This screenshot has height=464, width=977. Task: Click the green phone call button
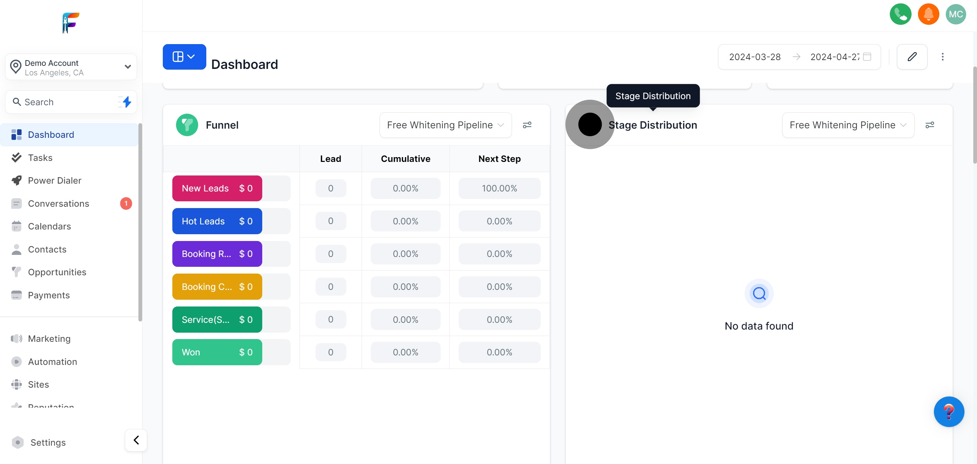pyautogui.click(x=900, y=14)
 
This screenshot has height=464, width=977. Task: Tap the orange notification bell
pyautogui.click(x=928, y=14)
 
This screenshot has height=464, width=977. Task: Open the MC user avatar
pyautogui.click(x=955, y=14)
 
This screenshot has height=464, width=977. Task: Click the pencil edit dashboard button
pyautogui.click(x=912, y=57)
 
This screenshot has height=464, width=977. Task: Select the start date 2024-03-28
pyautogui.click(x=754, y=57)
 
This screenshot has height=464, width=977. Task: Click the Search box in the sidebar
pyautogui.click(x=64, y=102)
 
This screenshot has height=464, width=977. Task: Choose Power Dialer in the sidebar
pyautogui.click(x=55, y=181)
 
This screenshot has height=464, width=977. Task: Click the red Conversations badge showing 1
pyautogui.click(x=126, y=204)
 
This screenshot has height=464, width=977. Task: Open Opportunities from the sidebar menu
pyautogui.click(x=57, y=273)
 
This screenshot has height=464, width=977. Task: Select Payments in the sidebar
pyautogui.click(x=49, y=295)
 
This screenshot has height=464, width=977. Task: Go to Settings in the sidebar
pyautogui.click(x=48, y=442)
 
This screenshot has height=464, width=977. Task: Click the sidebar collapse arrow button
pyautogui.click(x=136, y=440)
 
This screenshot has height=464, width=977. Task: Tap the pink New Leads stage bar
pyautogui.click(x=217, y=189)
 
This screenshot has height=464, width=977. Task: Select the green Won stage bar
pyautogui.click(x=217, y=352)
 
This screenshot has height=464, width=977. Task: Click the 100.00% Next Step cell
pyautogui.click(x=499, y=189)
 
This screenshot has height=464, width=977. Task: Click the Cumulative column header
pyautogui.click(x=405, y=159)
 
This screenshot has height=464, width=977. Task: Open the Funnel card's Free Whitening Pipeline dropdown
pyautogui.click(x=445, y=125)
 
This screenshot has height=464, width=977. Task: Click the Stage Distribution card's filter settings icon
pyautogui.click(x=929, y=125)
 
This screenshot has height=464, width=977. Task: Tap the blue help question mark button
pyautogui.click(x=949, y=412)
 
